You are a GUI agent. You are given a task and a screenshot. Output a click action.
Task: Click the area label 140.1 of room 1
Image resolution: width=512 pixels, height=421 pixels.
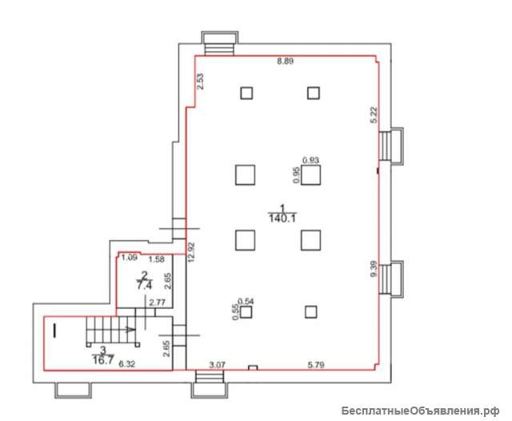tap(282, 219)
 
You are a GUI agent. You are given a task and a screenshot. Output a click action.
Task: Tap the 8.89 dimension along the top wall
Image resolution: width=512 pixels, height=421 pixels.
tap(285, 61)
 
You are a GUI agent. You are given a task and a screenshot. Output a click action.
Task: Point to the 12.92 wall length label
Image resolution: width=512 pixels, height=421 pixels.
tap(191, 252)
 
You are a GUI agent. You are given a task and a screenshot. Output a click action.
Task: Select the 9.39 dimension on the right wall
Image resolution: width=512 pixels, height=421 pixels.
tap(374, 268)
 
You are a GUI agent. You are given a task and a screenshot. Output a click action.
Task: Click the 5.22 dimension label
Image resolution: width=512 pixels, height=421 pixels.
tap(374, 114)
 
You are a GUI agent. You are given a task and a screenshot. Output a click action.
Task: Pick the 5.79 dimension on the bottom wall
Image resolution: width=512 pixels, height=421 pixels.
tap(316, 364)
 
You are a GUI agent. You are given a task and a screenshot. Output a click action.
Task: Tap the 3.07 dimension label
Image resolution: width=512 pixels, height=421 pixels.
tap(217, 364)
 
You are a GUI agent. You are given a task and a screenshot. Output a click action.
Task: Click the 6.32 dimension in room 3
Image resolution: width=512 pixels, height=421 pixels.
tap(126, 364)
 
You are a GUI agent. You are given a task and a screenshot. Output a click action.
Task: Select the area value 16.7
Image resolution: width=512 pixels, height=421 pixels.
tap(103, 361)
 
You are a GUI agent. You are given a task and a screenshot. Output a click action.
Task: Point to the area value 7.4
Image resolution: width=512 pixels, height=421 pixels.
tap(144, 286)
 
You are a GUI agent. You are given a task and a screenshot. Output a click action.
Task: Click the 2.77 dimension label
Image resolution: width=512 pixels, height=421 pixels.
tap(157, 303)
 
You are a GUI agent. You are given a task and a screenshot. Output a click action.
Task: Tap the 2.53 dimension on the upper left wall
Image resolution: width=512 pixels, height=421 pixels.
tap(200, 82)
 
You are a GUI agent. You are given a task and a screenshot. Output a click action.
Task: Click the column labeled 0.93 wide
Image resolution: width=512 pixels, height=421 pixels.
tap(311, 175)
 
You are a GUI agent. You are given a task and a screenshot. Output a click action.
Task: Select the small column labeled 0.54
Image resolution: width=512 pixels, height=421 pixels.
tap(246, 312)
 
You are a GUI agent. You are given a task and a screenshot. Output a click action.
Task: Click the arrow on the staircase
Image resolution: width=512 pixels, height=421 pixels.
tap(130, 330)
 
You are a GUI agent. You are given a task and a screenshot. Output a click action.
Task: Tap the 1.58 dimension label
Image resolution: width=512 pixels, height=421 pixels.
tap(157, 259)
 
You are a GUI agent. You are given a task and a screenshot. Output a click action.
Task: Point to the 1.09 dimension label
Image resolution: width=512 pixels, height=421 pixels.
tap(129, 258)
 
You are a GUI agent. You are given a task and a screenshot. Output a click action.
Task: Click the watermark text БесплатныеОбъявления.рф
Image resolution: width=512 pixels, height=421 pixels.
tap(421, 411)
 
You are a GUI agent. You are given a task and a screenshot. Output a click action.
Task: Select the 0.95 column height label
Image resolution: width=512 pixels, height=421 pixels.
tap(297, 175)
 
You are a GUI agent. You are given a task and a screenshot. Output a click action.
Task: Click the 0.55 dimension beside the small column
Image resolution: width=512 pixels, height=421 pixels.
tap(235, 312)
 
